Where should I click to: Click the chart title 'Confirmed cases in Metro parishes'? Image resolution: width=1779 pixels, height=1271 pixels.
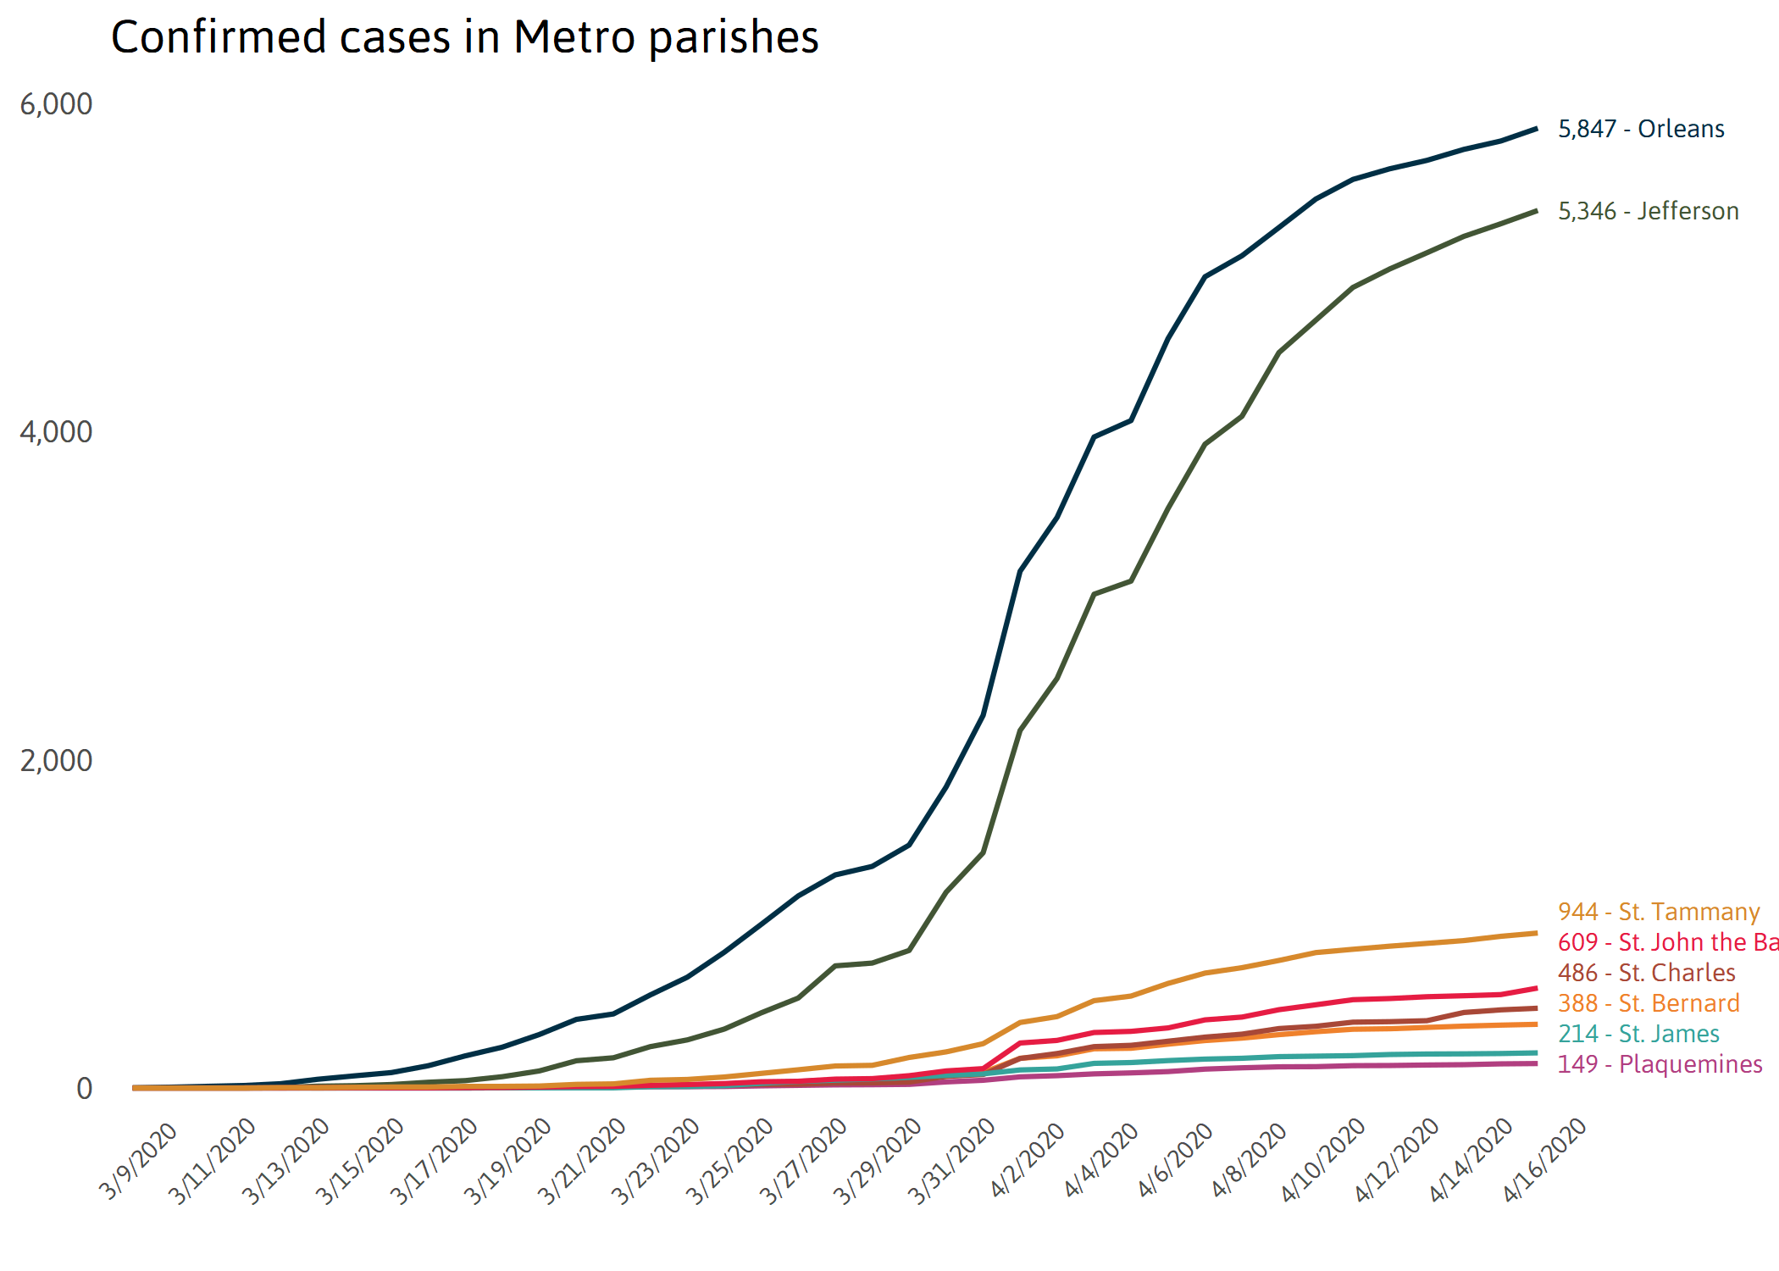464,38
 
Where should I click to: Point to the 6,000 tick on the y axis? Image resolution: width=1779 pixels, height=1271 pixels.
56,104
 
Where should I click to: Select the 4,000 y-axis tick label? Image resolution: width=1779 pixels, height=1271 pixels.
56,432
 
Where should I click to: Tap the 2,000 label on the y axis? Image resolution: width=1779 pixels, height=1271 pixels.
56,761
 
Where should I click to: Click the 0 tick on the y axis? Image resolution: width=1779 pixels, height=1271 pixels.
84,1089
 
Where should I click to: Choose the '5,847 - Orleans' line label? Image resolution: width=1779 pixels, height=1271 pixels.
1641,129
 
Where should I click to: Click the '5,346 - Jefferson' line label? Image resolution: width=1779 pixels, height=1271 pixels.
1648,211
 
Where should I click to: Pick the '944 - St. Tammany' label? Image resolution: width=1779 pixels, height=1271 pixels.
1659,912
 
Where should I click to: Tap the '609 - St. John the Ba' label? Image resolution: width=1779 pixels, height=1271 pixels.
1667,942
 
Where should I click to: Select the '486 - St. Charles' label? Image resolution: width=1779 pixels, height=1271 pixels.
1646,973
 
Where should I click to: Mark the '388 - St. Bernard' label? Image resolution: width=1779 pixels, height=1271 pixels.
1649,1003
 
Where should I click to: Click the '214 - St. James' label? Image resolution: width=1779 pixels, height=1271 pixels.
1638,1034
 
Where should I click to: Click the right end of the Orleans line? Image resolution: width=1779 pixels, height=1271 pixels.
1536,129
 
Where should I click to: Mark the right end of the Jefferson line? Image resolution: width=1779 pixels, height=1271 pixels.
1536,211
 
